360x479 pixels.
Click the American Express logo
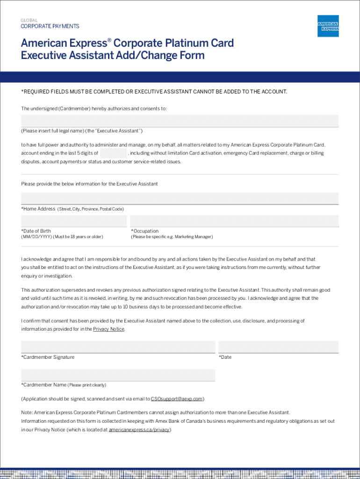click(x=328, y=26)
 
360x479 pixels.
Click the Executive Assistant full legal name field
click(x=180, y=121)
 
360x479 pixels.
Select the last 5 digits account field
click(x=113, y=153)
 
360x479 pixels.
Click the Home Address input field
click(x=180, y=198)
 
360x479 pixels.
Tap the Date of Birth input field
click(x=74, y=221)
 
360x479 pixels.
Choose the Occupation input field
click(x=234, y=221)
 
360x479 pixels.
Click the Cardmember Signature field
click(x=118, y=347)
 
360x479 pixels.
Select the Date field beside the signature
click(x=279, y=347)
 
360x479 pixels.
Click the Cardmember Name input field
click(x=118, y=375)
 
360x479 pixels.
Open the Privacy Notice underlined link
click(x=108, y=329)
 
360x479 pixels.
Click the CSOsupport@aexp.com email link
click(x=176, y=399)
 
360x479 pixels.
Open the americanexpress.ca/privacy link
click(x=139, y=430)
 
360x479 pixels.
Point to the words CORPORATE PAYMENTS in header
click(x=50, y=27)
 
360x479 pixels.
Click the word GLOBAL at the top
click(x=29, y=21)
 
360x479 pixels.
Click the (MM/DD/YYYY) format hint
click(x=36, y=237)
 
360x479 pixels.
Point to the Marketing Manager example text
click(x=193, y=237)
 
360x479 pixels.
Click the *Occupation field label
click(x=144, y=231)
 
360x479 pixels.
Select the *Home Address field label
click(x=38, y=209)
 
